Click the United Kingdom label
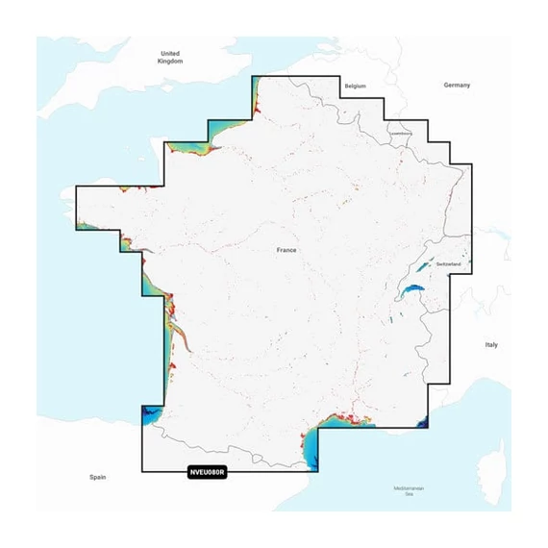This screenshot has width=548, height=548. pos(169,57)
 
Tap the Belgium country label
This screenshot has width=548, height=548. pos(356,86)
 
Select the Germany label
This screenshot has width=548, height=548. pos(457,85)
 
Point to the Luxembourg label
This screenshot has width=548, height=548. pos(400,133)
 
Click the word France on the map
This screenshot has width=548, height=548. pos(286,250)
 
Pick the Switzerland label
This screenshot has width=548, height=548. pos(449,263)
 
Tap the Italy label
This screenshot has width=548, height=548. pos(491,344)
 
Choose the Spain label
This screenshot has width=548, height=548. pos(96,477)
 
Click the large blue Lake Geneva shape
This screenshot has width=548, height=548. pos(413,289)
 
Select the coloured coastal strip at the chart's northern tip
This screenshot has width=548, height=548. pos(257,95)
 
